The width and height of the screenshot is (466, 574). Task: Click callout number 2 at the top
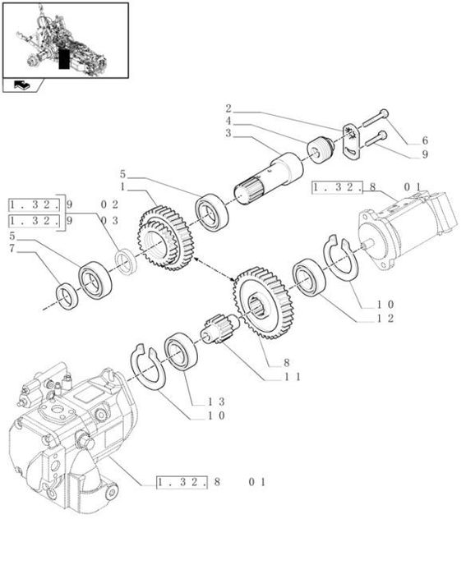[228, 108]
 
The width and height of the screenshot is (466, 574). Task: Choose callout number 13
[215, 402]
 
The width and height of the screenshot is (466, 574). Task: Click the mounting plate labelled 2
[353, 140]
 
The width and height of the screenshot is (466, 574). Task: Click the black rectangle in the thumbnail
[65, 57]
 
